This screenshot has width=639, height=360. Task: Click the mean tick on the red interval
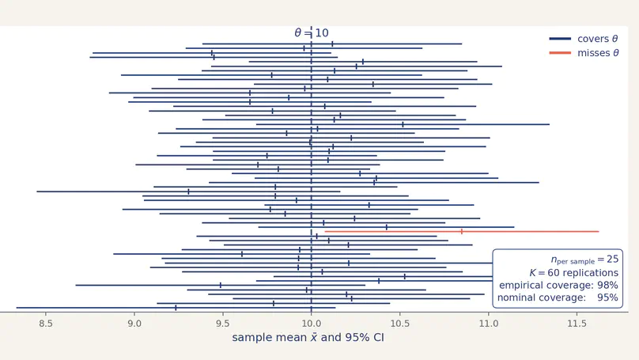[x=462, y=232]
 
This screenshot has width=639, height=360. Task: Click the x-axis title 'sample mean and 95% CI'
[x=308, y=338]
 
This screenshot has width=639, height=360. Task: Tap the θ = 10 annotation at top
[x=312, y=33]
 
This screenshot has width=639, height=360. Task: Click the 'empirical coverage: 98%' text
[x=558, y=285]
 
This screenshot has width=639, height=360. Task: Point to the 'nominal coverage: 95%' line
[x=558, y=298]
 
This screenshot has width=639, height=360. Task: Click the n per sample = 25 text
[x=584, y=259]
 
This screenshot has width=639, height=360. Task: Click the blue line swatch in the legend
[x=561, y=39]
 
